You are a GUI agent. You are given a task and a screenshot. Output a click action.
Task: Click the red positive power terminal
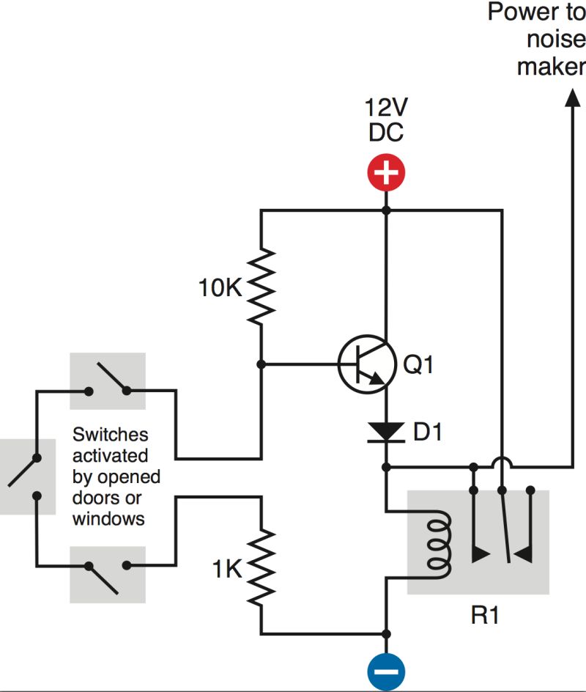386,174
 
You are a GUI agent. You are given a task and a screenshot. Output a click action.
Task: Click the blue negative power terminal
386,669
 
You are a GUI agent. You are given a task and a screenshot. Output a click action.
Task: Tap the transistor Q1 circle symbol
363,364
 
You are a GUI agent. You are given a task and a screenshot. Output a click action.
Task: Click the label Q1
418,364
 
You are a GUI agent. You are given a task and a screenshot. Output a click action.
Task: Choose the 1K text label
226,570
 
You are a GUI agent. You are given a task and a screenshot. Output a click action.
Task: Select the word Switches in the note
110,435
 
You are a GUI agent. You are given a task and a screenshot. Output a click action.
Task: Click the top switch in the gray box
107,380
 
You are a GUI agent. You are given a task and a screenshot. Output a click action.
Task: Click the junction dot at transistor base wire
262,364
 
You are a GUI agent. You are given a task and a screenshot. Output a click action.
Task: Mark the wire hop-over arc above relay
502,464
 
